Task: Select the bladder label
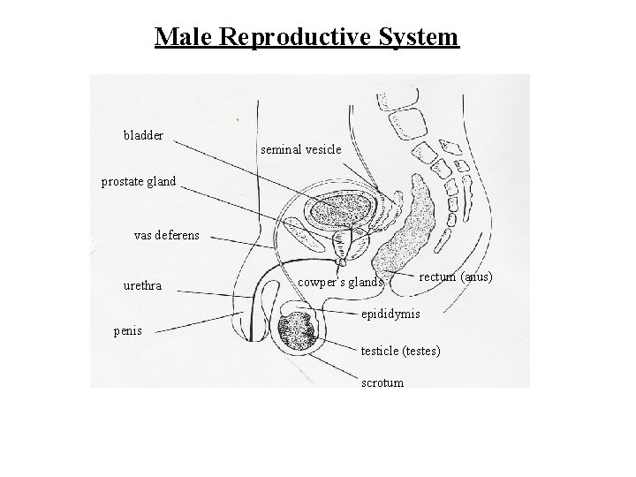(x=143, y=135)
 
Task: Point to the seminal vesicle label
(x=301, y=149)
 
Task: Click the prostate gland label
(x=139, y=182)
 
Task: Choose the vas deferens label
(x=166, y=236)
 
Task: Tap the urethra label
(x=141, y=286)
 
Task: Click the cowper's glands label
(x=340, y=283)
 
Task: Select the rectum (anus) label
(x=456, y=277)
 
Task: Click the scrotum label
(x=382, y=382)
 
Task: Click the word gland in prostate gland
(x=160, y=182)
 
